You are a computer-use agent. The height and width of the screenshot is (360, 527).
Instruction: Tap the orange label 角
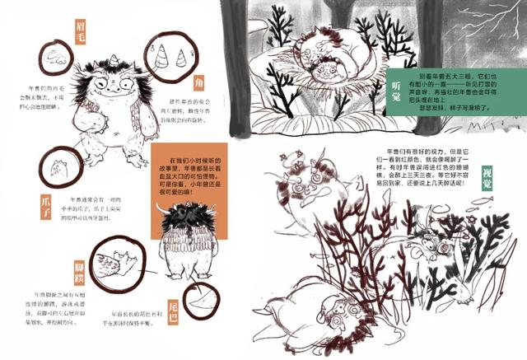pos(198,85)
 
